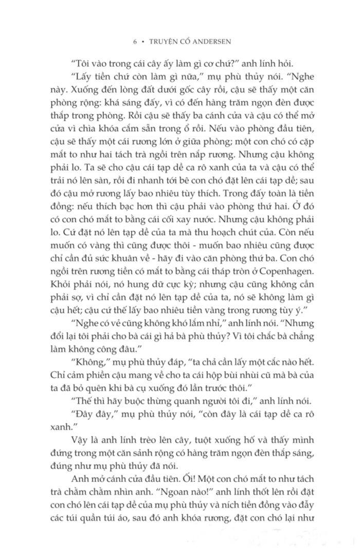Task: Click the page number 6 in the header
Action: (135, 44)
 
